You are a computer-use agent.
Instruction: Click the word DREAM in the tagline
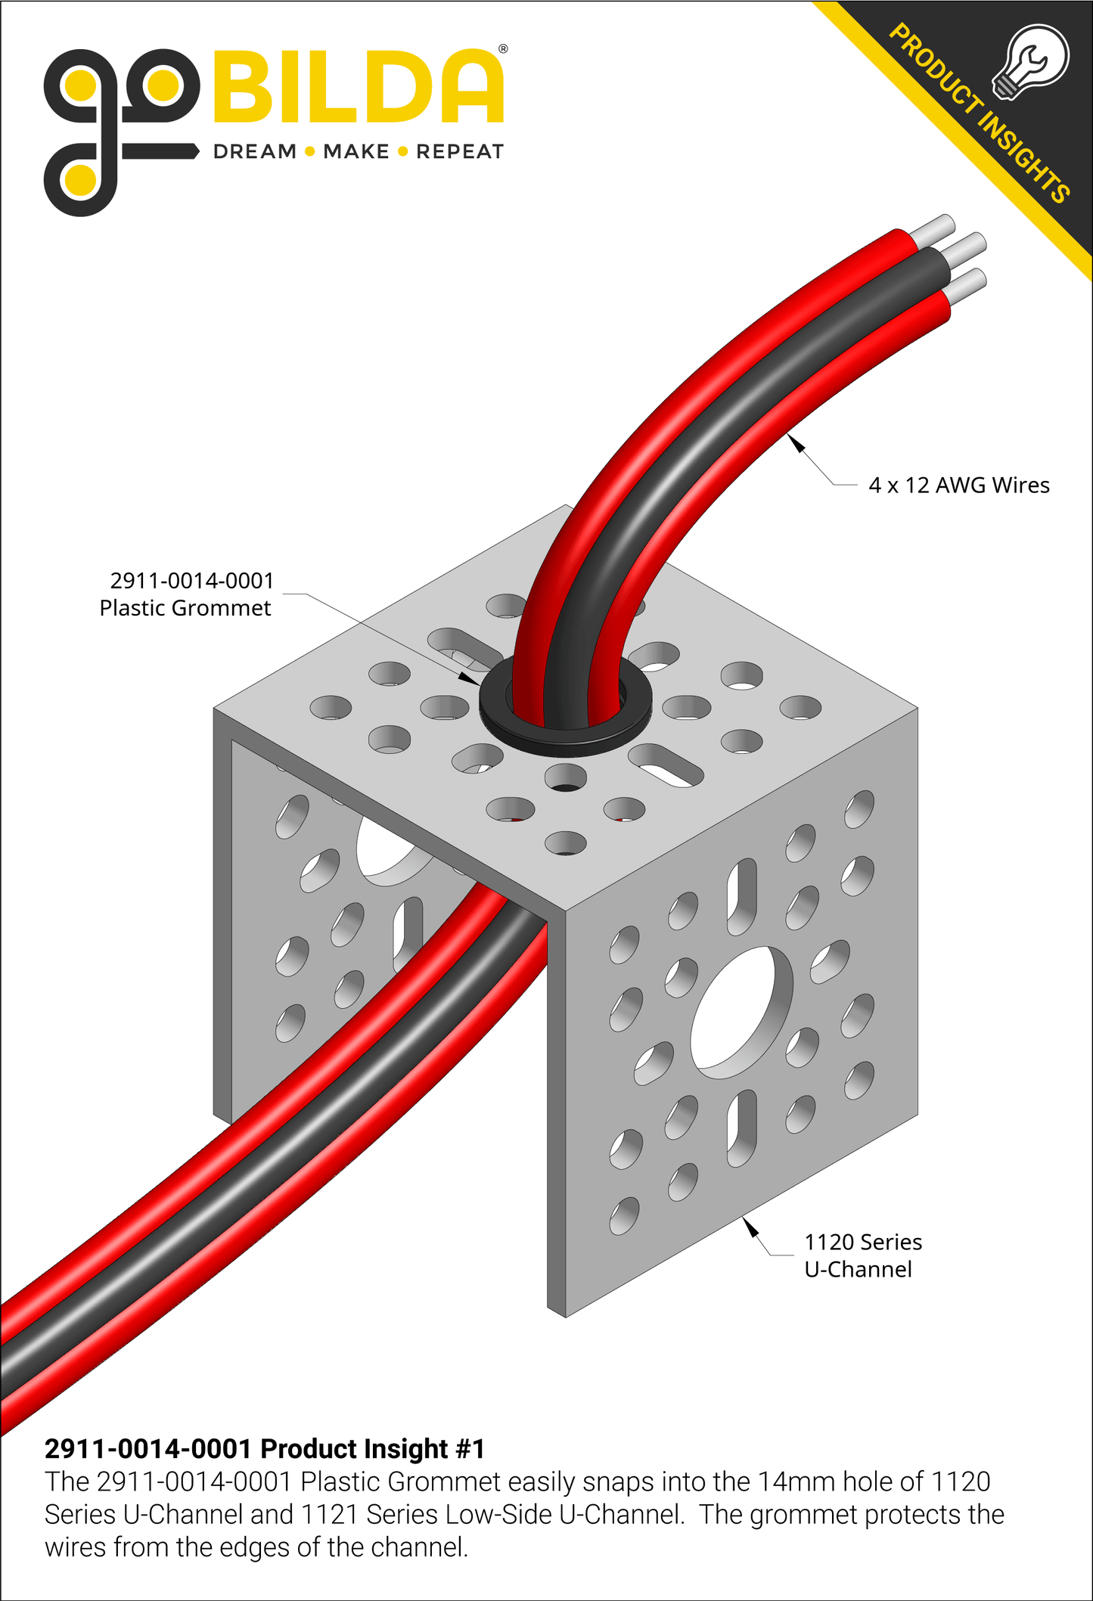tap(254, 152)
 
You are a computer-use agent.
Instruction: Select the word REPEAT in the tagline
tap(459, 152)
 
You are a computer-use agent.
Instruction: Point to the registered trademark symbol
tap(503, 49)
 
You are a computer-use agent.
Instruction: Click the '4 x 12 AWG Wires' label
tap(958, 486)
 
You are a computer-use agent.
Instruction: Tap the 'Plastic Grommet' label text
tap(185, 608)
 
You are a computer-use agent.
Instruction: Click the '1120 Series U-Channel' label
tap(862, 1255)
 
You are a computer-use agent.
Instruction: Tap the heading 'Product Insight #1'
tap(265, 1449)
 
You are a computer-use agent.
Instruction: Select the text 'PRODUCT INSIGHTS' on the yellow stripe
tap(980, 113)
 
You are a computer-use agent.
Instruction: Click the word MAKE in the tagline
tap(356, 152)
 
